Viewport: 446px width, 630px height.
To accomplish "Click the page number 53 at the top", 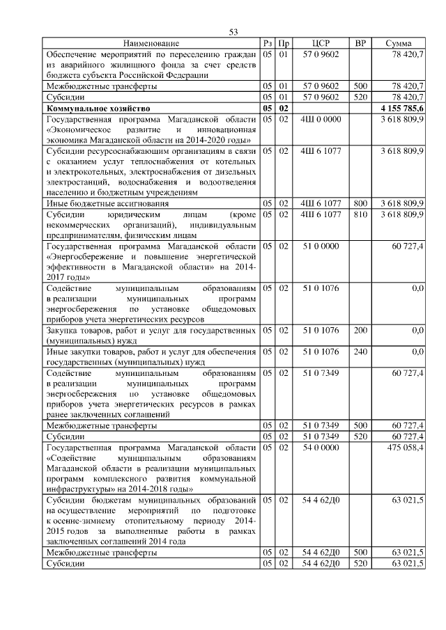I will point(233,32).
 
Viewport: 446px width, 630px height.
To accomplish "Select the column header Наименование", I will point(151,44).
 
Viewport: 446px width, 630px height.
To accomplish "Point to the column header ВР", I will point(360,44).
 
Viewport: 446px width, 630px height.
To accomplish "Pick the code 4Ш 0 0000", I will point(321,120).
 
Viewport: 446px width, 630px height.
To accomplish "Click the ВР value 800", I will point(360,203).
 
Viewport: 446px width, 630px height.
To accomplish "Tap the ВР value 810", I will point(360,214).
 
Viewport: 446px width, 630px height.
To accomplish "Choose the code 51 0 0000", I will point(321,246).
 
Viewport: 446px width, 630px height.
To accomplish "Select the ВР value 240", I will point(360,352).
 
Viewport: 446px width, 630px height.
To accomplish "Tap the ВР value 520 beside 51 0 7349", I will point(360,436).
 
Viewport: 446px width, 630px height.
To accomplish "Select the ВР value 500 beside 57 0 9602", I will point(360,86).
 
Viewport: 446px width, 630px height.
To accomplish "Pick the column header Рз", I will point(268,44).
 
